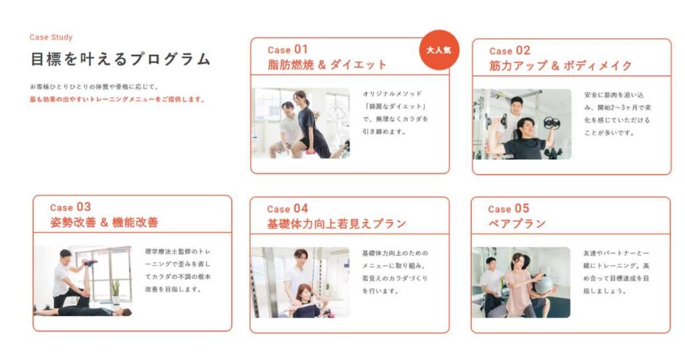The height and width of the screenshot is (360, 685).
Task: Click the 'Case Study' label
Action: coord(51,37)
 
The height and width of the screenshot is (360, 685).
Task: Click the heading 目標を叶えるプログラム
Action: coord(120,59)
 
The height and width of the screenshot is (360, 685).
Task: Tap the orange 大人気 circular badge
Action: coord(439,50)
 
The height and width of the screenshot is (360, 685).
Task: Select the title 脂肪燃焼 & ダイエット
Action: coord(327,65)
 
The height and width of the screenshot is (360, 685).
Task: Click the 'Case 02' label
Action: coord(509,50)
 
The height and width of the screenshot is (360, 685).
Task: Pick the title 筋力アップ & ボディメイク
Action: coord(560,66)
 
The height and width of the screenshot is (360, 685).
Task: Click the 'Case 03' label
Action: coord(70,207)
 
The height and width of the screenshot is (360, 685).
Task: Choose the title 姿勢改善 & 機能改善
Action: coord(104,222)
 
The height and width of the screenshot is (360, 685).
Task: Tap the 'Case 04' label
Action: coord(288,209)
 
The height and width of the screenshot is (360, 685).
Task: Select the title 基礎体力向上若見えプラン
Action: coord(336,223)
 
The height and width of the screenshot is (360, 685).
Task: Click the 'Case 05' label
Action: coord(508,209)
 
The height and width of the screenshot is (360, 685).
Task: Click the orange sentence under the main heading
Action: coord(117,100)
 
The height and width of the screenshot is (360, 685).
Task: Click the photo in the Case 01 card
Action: coord(301,123)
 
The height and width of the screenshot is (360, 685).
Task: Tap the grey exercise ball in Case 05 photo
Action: coord(543,284)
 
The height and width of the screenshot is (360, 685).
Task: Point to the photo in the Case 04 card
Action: coord(300,282)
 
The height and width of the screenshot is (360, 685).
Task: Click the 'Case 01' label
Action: coord(288,50)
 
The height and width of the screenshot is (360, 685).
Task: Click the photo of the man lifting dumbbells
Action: coord(522,124)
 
